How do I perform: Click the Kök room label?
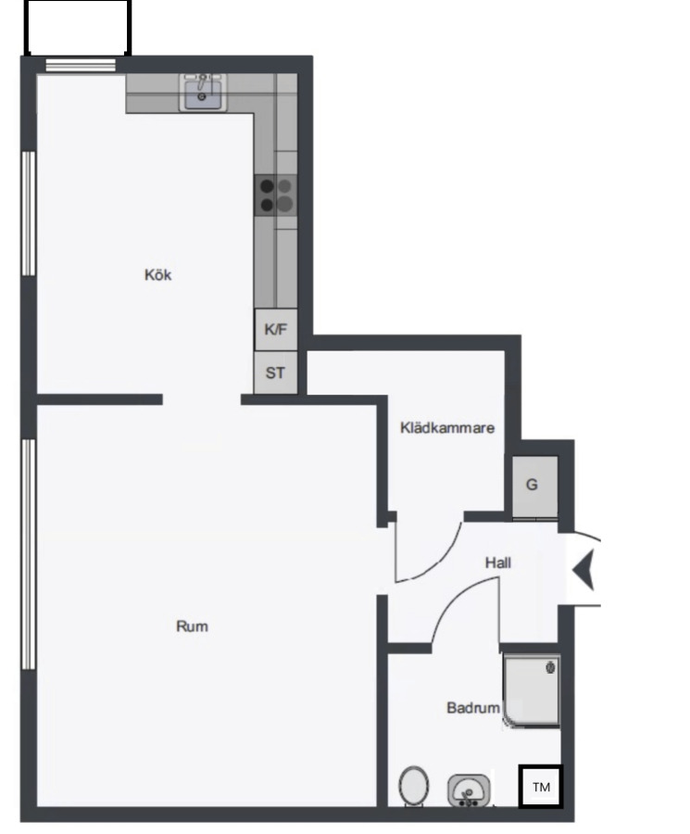pos(157,275)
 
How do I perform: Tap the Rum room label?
pos(192,626)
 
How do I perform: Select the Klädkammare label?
pos(447,427)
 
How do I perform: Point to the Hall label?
pos(498,562)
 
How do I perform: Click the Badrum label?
pos(473,708)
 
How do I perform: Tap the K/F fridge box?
pos(276,330)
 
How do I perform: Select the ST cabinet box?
pos(275,373)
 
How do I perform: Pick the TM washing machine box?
pos(541,787)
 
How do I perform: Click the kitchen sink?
pos(203,93)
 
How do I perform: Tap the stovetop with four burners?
pos(276,196)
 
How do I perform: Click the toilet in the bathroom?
pos(414,786)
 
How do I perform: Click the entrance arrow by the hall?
pos(583,570)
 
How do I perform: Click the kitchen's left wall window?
pos(28,213)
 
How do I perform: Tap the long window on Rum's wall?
pos(28,554)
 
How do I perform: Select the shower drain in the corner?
pos(550,667)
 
